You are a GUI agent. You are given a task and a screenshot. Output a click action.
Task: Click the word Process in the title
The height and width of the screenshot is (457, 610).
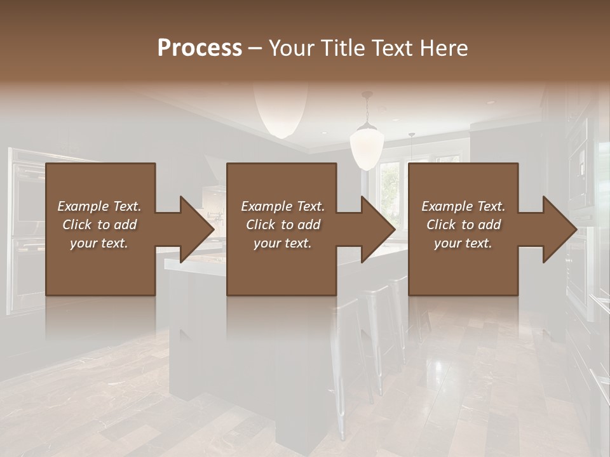pyautogui.click(x=200, y=48)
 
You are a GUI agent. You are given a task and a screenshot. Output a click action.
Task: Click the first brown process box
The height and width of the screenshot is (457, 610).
pyautogui.click(x=100, y=273)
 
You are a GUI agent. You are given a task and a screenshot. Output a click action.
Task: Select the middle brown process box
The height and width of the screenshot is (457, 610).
pyautogui.click(x=281, y=273)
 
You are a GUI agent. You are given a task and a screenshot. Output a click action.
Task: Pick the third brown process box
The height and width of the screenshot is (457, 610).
pyautogui.click(x=463, y=273)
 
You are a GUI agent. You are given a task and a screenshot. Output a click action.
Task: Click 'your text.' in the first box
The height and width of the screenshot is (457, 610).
pyautogui.click(x=99, y=243)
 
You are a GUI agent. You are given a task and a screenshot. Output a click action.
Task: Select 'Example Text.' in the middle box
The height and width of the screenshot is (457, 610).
pyautogui.click(x=283, y=206)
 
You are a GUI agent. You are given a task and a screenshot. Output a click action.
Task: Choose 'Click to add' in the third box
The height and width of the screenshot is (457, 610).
pyautogui.click(x=464, y=225)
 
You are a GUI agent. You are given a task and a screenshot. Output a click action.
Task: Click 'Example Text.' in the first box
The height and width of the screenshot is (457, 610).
pyautogui.click(x=99, y=206)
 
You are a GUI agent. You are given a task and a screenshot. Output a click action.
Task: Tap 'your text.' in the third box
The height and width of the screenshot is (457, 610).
pyautogui.click(x=463, y=243)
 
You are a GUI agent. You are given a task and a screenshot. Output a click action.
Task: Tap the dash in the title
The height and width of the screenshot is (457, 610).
pyautogui.click(x=255, y=48)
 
